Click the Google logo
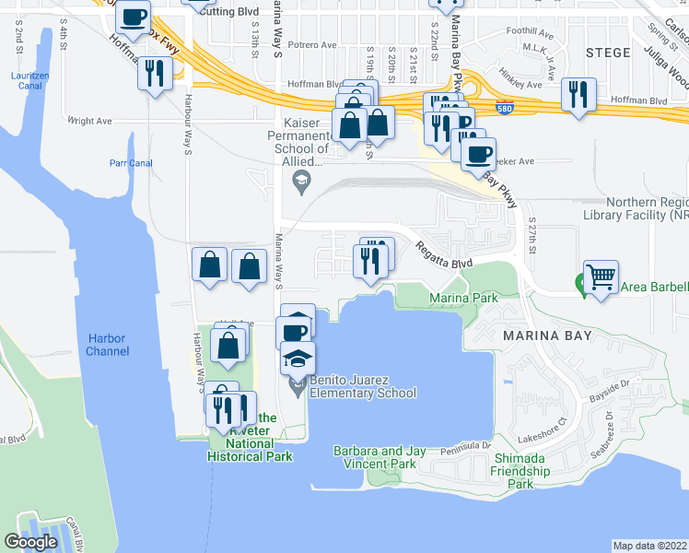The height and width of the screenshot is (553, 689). pos(31,542)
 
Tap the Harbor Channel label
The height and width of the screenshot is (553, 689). pos(106,345)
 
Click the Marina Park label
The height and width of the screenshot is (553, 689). pos(463,299)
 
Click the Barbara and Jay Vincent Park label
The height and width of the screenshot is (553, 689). pos(380,457)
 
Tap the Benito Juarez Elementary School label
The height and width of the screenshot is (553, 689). pos(362,386)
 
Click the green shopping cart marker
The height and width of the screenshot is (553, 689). pos(601,275)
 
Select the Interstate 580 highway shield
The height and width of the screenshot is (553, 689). pos(504,107)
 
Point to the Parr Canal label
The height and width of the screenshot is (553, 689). pos(130,164)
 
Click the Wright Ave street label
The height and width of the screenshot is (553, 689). pos(89,120)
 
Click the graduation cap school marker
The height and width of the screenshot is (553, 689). pos(298,358)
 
